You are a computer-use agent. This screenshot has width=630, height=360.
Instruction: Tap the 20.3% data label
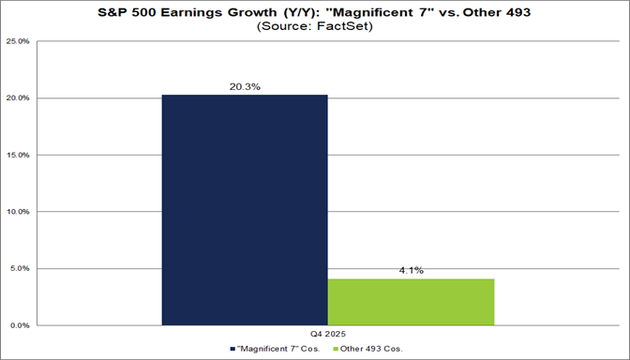[x=245, y=85]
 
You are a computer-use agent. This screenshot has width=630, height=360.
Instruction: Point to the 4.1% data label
[x=411, y=270]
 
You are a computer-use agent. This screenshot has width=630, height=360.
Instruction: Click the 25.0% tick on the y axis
[x=21, y=41]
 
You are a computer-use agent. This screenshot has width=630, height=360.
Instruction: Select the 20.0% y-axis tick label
[x=21, y=98]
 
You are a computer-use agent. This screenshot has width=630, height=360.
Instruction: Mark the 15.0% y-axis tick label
[x=21, y=155]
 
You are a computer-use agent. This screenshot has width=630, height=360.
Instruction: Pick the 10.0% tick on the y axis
[x=21, y=212]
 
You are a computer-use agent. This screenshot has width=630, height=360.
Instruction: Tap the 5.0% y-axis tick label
[x=22, y=269]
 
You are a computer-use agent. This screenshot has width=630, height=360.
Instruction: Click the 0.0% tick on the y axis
[x=22, y=325]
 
